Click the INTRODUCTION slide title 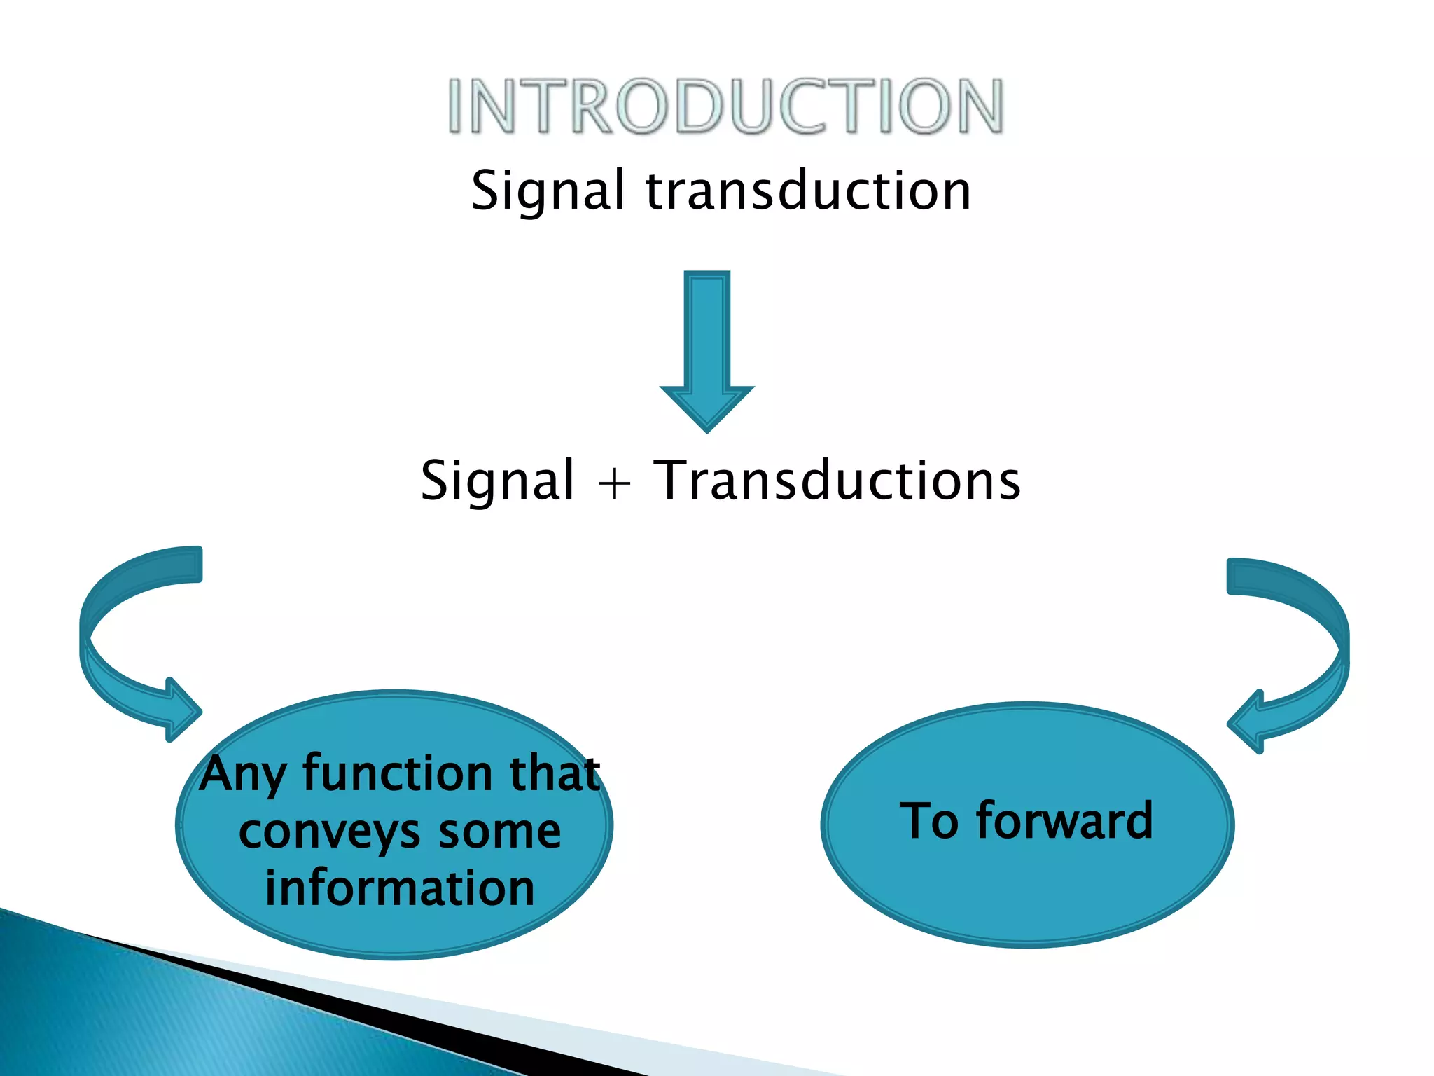click(x=726, y=106)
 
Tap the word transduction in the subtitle click(x=808, y=191)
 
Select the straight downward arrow click(x=707, y=343)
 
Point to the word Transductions click(x=837, y=481)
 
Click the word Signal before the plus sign click(x=497, y=482)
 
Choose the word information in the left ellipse click(x=400, y=888)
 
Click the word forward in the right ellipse click(x=1064, y=820)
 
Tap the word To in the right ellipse click(x=928, y=820)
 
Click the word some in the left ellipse click(x=500, y=832)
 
